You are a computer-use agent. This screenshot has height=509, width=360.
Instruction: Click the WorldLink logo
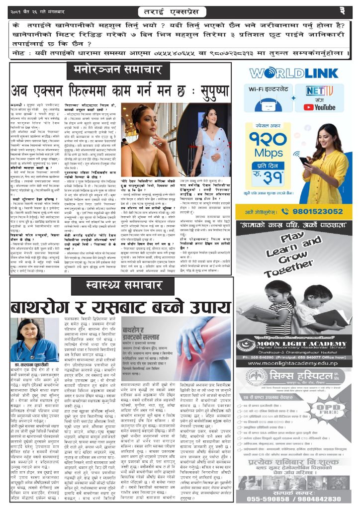tap(294, 73)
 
